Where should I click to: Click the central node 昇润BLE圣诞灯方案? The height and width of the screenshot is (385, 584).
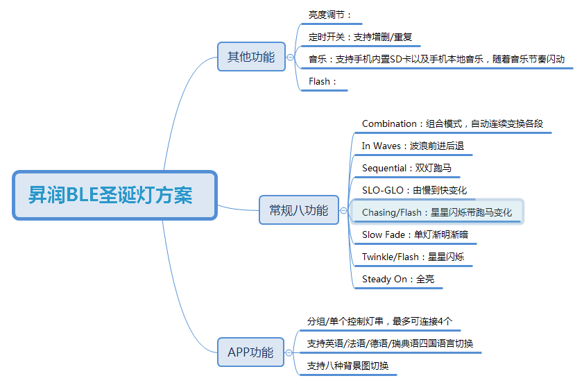[x=114, y=195]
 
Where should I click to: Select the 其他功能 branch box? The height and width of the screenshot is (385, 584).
[x=251, y=57]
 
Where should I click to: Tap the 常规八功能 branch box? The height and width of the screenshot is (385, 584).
[x=299, y=210]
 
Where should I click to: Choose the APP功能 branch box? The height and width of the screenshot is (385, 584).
[x=250, y=352]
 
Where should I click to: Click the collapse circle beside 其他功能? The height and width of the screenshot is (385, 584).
[x=290, y=58]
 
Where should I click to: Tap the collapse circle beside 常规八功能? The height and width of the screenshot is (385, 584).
[x=343, y=211]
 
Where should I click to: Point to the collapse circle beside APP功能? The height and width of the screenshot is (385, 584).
[x=289, y=352]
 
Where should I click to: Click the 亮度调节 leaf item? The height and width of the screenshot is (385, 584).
[x=329, y=15]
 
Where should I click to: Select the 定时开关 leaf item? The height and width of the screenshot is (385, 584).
[x=360, y=37]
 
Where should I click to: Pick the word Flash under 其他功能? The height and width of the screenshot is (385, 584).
[x=319, y=82]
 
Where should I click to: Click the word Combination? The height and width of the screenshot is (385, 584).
[x=389, y=123]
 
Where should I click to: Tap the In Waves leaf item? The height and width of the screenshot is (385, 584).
[x=413, y=146]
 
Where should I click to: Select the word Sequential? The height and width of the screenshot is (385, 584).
[x=384, y=169]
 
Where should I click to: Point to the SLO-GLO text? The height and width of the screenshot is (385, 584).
[x=382, y=190]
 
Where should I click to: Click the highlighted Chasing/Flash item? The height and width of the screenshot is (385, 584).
[x=437, y=212]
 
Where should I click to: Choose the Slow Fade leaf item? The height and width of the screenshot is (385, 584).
[x=415, y=234]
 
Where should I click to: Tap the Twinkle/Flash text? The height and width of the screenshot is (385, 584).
[x=390, y=257]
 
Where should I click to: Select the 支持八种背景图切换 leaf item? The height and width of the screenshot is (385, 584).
[x=347, y=366]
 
